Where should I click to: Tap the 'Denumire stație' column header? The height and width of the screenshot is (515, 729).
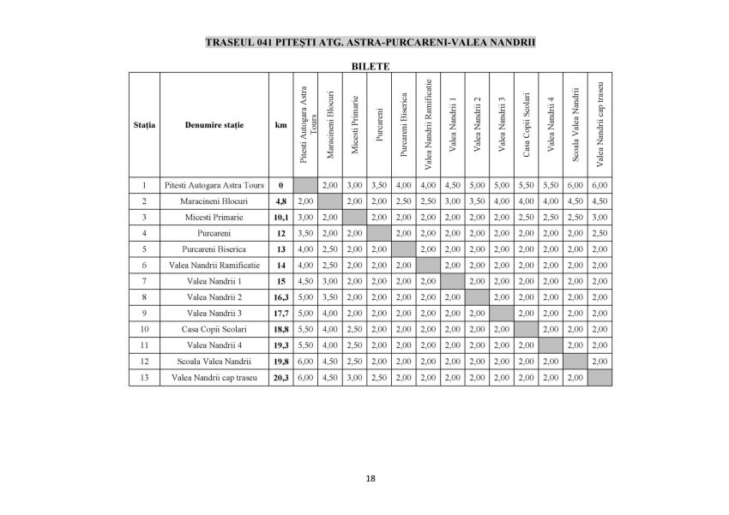tap(214, 125)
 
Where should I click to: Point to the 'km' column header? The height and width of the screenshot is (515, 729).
tap(280, 125)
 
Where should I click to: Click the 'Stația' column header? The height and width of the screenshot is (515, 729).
tap(145, 125)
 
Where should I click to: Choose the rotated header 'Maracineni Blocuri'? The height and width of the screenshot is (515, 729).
tap(330, 123)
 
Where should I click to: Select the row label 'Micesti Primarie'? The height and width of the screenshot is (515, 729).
tap(214, 217)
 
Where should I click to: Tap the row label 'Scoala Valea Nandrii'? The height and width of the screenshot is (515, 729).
tap(214, 361)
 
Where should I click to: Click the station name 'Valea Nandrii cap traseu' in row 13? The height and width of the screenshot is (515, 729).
tap(214, 377)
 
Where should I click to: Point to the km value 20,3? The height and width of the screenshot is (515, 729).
tap(280, 377)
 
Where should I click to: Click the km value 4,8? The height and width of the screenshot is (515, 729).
tap(280, 201)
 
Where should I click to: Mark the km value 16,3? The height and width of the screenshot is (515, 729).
tap(280, 296)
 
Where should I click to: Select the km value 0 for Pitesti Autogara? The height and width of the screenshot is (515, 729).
tap(280, 184)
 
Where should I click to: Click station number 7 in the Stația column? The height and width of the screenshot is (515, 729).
tap(145, 281)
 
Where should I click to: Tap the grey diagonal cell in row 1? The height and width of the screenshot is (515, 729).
tap(304, 184)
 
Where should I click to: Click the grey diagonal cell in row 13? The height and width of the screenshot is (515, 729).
tap(599, 377)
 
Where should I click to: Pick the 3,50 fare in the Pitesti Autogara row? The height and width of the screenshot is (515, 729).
tap(379, 184)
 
